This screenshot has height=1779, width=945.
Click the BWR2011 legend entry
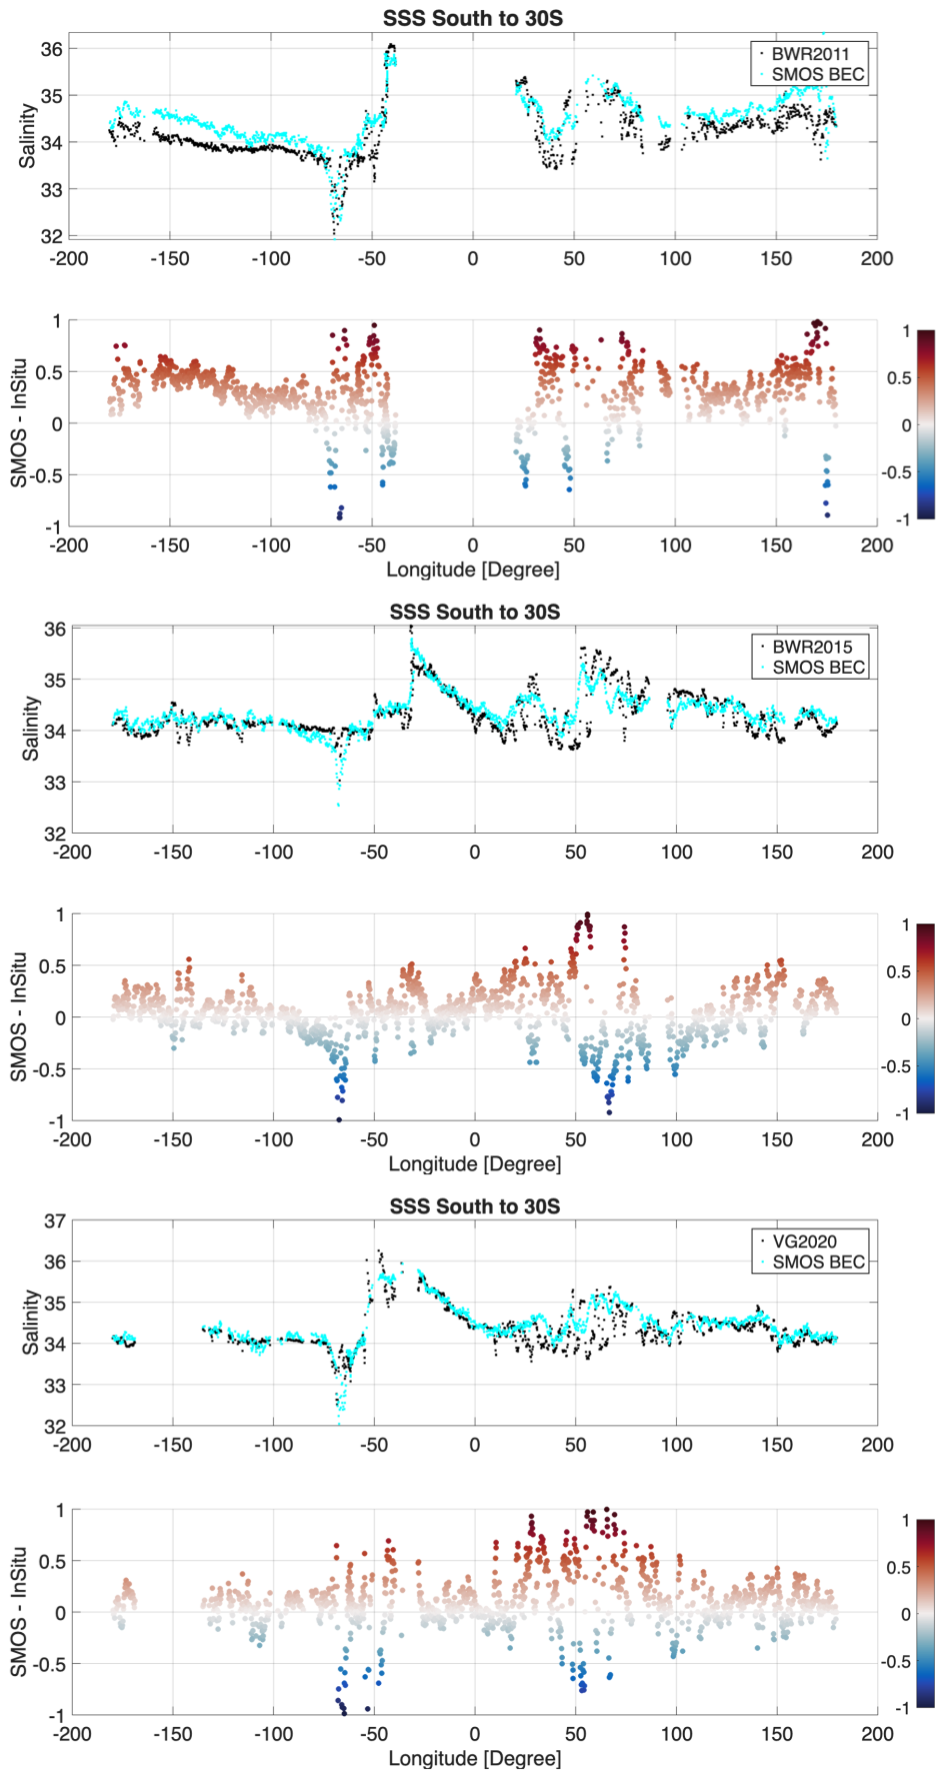point(810,54)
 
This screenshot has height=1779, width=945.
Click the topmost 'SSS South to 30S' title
point(473,18)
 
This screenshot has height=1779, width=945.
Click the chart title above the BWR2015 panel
point(474,612)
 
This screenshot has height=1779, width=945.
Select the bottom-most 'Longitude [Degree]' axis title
point(474,1758)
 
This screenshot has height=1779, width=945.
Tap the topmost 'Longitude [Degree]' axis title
point(473,570)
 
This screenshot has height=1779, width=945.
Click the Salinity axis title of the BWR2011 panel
point(27,136)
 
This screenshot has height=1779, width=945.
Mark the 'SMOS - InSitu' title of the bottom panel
point(19,1611)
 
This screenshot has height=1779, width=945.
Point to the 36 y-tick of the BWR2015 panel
point(55,630)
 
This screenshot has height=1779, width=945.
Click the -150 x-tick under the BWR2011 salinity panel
point(170,259)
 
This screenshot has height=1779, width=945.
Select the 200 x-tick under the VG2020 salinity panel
point(877,1445)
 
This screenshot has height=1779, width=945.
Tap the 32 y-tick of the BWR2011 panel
point(51,237)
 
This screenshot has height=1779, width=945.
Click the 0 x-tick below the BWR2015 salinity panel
point(474,853)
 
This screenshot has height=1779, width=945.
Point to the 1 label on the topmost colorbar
point(906,331)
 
